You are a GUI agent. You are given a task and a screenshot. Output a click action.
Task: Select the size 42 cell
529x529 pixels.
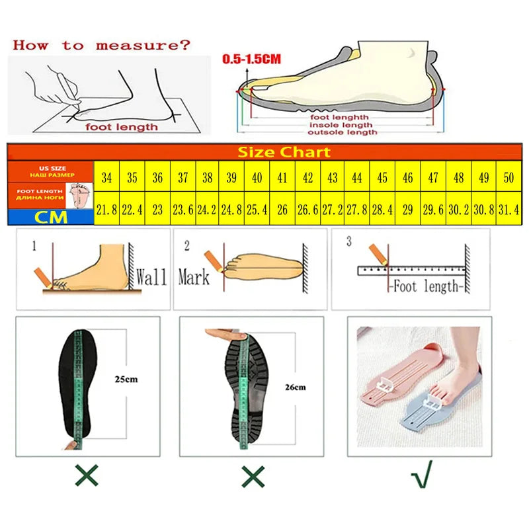click(x=307, y=177)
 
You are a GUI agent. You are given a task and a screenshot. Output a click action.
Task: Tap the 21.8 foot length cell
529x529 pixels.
click(x=106, y=210)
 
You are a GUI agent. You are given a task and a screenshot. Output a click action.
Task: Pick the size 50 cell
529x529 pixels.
click(x=509, y=177)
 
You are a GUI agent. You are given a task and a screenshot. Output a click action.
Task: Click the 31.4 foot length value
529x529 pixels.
click(x=509, y=210)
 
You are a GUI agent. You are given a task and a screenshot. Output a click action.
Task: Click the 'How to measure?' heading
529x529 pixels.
click(x=101, y=46)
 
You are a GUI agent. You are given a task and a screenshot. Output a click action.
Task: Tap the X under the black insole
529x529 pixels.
click(x=87, y=475)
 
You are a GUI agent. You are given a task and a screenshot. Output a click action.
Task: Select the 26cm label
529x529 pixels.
click(x=294, y=387)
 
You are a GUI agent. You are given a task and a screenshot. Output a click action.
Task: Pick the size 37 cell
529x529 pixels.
click(x=182, y=177)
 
